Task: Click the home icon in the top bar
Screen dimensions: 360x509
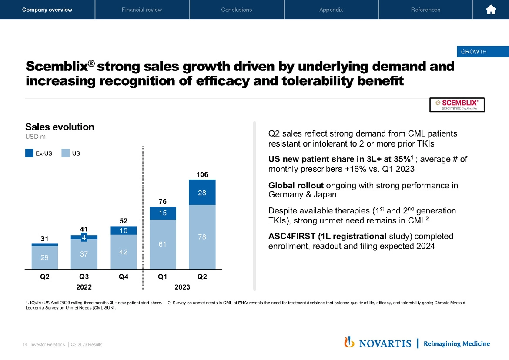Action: click(x=491, y=10)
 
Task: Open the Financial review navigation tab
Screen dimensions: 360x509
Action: click(x=142, y=10)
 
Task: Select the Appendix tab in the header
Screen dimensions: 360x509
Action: click(x=331, y=10)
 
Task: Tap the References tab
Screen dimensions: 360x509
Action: click(x=425, y=10)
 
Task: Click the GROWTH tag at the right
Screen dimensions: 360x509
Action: click(x=473, y=52)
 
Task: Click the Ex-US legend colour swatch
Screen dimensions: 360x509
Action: click(x=30, y=153)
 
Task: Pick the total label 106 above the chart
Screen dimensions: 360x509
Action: click(x=202, y=174)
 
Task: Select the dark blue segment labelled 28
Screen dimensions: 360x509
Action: click(x=202, y=192)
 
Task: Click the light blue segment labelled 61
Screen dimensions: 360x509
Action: click(x=163, y=244)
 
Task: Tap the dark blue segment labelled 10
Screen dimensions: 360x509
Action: click(x=124, y=230)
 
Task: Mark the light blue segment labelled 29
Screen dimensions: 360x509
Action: click(x=45, y=257)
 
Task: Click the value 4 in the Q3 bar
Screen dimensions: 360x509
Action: click(x=84, y=237)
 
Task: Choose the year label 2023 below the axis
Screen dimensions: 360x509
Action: click(x=182, y=287)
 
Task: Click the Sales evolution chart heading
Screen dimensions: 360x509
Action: click(x=60, y=127)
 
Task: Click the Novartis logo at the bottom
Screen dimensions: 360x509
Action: click(x=378, y=343)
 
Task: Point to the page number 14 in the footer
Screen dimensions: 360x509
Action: click(x=25, y=344)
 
